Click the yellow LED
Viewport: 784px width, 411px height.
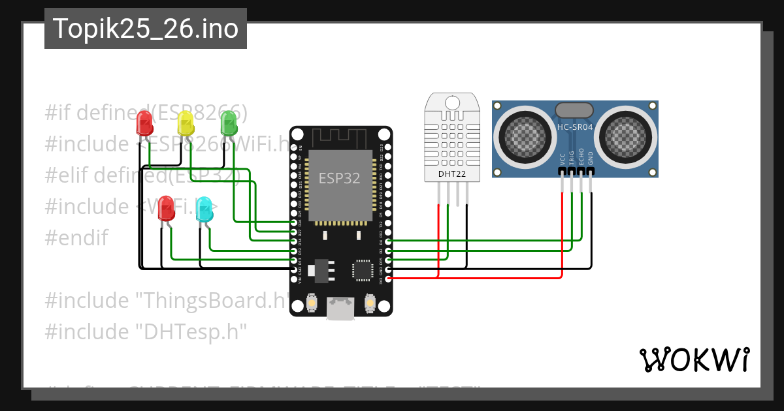[186, 123]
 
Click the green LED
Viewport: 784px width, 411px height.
[228, 123]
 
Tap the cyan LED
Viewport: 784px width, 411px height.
[204, 209]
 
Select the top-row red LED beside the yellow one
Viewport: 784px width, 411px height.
[144, 123]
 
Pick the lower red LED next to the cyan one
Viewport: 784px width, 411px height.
[167, 209]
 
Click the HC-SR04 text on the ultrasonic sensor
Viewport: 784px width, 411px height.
[575, 127]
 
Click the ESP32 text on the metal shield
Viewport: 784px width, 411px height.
[339, 178]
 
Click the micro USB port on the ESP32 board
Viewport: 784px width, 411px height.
[340, 309]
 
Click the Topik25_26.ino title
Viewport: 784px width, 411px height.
[145, 29]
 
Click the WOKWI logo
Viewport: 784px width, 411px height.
[694, 359]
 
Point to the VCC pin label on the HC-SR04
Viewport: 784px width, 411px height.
[563, 160]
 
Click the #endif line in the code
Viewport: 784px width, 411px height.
[76, 237]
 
